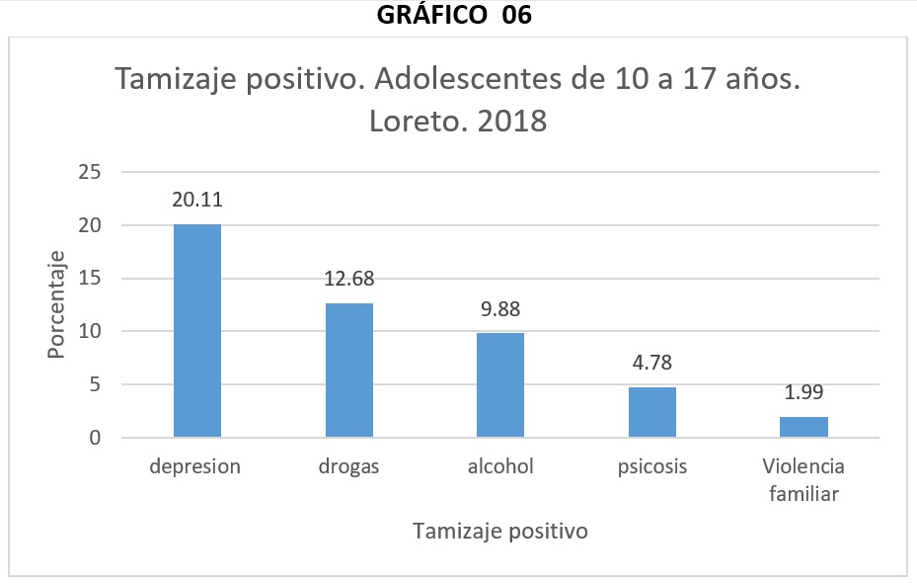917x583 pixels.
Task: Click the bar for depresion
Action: coord(197,331)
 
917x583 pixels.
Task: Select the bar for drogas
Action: coord(349,371)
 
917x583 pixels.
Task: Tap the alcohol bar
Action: coord(500,385)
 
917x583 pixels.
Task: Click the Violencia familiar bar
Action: coord(804,427)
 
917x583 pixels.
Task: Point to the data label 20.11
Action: coord(197,200)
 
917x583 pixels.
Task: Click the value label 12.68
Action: coord(349,279)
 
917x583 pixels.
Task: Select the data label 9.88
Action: coord(500,308)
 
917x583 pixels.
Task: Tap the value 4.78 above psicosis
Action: coord(652,363)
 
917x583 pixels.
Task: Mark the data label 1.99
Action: coord(804,392)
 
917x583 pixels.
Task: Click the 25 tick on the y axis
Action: coord(90,173)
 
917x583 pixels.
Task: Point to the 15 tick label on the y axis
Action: coord(90,279)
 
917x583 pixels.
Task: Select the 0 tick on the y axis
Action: coord(96,438)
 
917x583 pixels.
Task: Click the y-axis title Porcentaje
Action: coord(57,304)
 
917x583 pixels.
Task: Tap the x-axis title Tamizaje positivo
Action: coord(500,531)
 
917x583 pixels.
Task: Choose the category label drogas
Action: coord(349,466)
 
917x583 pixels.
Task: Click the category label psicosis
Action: coord(652,466)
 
